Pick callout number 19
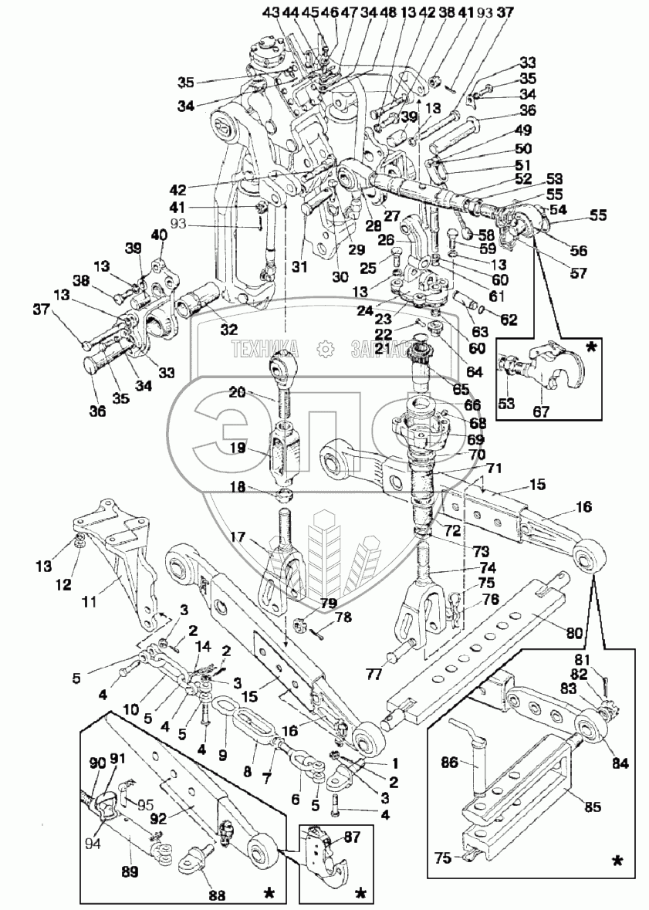[236, 447]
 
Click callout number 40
[160, 235]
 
